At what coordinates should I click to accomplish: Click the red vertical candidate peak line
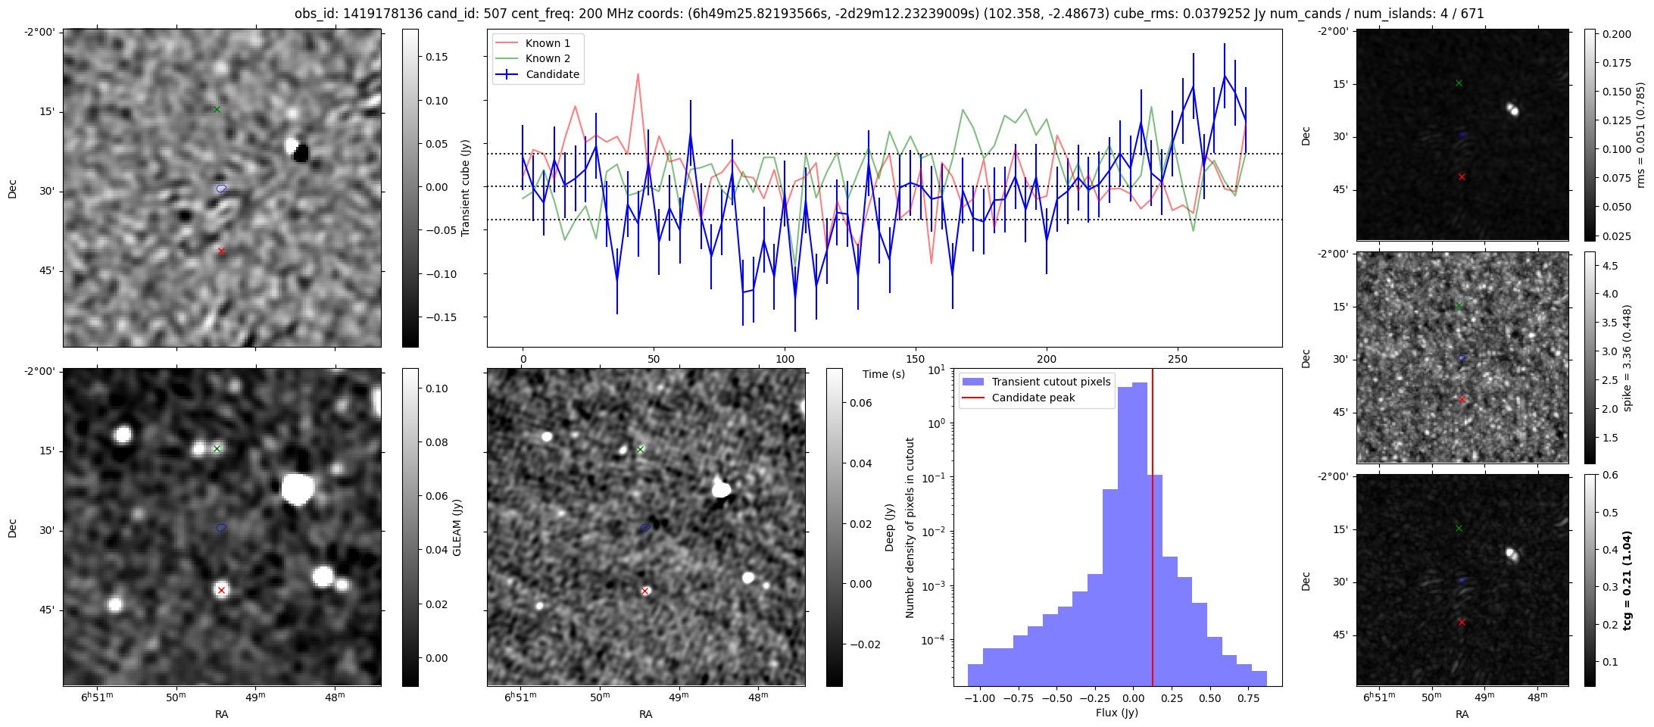click(1153, 530)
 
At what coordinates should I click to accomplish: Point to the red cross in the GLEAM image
click(221, 590)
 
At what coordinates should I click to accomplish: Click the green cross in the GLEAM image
click(217, 448)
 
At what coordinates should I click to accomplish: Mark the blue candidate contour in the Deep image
click(645, 527)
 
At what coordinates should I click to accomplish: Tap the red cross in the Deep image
click(644, 591)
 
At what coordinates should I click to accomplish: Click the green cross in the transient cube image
click(217, 109)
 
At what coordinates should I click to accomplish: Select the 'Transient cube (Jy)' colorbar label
click(466, 188)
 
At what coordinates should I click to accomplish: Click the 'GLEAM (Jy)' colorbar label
click(457, 527)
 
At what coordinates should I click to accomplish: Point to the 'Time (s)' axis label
click(884, 374)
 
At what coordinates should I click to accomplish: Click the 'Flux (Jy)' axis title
click(1116, 713)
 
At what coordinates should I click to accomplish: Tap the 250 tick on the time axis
click(1177, 359)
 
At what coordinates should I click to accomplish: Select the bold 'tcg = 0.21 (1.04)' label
click(1627, 580)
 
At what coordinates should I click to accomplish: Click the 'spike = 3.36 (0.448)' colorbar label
click(1627, 357)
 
